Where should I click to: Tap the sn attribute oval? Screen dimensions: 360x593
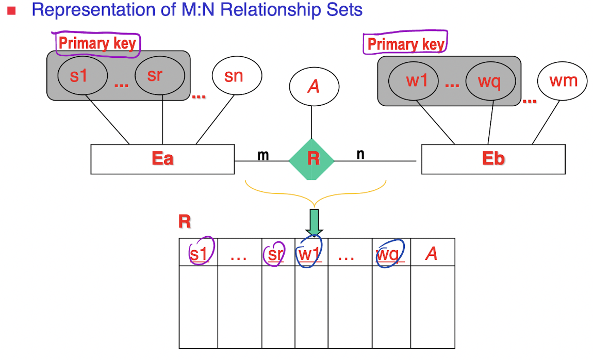click(234, 76)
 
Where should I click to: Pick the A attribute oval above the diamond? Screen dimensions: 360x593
click(313, 87)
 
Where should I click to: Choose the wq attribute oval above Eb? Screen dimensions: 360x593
click(489, 81)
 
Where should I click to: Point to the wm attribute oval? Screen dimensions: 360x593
click(563, 81)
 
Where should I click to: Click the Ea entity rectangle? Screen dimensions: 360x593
click(162, 159)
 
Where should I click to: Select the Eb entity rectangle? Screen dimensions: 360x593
click(493, 159)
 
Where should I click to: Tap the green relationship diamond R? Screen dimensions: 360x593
click(312, 159)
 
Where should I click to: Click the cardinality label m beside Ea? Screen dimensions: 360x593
click(263, 154)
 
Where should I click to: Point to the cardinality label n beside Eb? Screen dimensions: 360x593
click(360, 153)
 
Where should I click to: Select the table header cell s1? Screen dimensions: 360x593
click(199, 253)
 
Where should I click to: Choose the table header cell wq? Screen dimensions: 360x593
click(391, 253)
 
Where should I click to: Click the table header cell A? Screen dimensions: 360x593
click(432, 253)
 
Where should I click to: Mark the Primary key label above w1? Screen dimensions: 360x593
click(405, 44)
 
